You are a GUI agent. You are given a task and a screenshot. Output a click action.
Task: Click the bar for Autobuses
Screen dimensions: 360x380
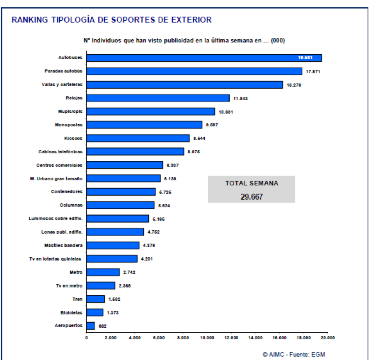pos(203,58)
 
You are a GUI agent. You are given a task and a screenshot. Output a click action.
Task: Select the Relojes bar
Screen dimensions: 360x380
pos(157,98)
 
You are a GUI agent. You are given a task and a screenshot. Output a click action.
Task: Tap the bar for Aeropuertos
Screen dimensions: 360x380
pos(91,326)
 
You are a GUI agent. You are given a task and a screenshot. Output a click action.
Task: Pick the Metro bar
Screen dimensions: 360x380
pos(103,272)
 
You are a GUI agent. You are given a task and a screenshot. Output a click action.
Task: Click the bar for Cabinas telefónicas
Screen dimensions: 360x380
pos(135,152)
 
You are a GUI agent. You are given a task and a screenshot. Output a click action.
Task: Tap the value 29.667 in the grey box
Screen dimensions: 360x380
pos(251,196)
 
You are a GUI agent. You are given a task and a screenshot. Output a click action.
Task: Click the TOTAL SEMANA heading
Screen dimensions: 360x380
pos(252,183)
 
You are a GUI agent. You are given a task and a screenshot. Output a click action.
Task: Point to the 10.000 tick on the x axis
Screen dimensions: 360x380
pos(207,338)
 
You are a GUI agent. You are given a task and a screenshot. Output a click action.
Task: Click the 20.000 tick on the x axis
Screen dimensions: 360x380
pos(327,338)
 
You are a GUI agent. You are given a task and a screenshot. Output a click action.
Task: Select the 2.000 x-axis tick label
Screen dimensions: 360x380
pos(111,338)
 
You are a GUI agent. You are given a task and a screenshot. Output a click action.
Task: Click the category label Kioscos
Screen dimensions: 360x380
pos(73,138)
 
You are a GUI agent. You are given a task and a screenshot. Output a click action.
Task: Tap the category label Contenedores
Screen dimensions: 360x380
pos(67,192)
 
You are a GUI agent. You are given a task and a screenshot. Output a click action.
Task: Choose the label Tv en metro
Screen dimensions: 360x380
pos(69,285)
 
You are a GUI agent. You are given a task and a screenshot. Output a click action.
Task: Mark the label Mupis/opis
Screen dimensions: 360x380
pos(70,111)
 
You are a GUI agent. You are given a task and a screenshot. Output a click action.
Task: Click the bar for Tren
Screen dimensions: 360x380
pos(95,299)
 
